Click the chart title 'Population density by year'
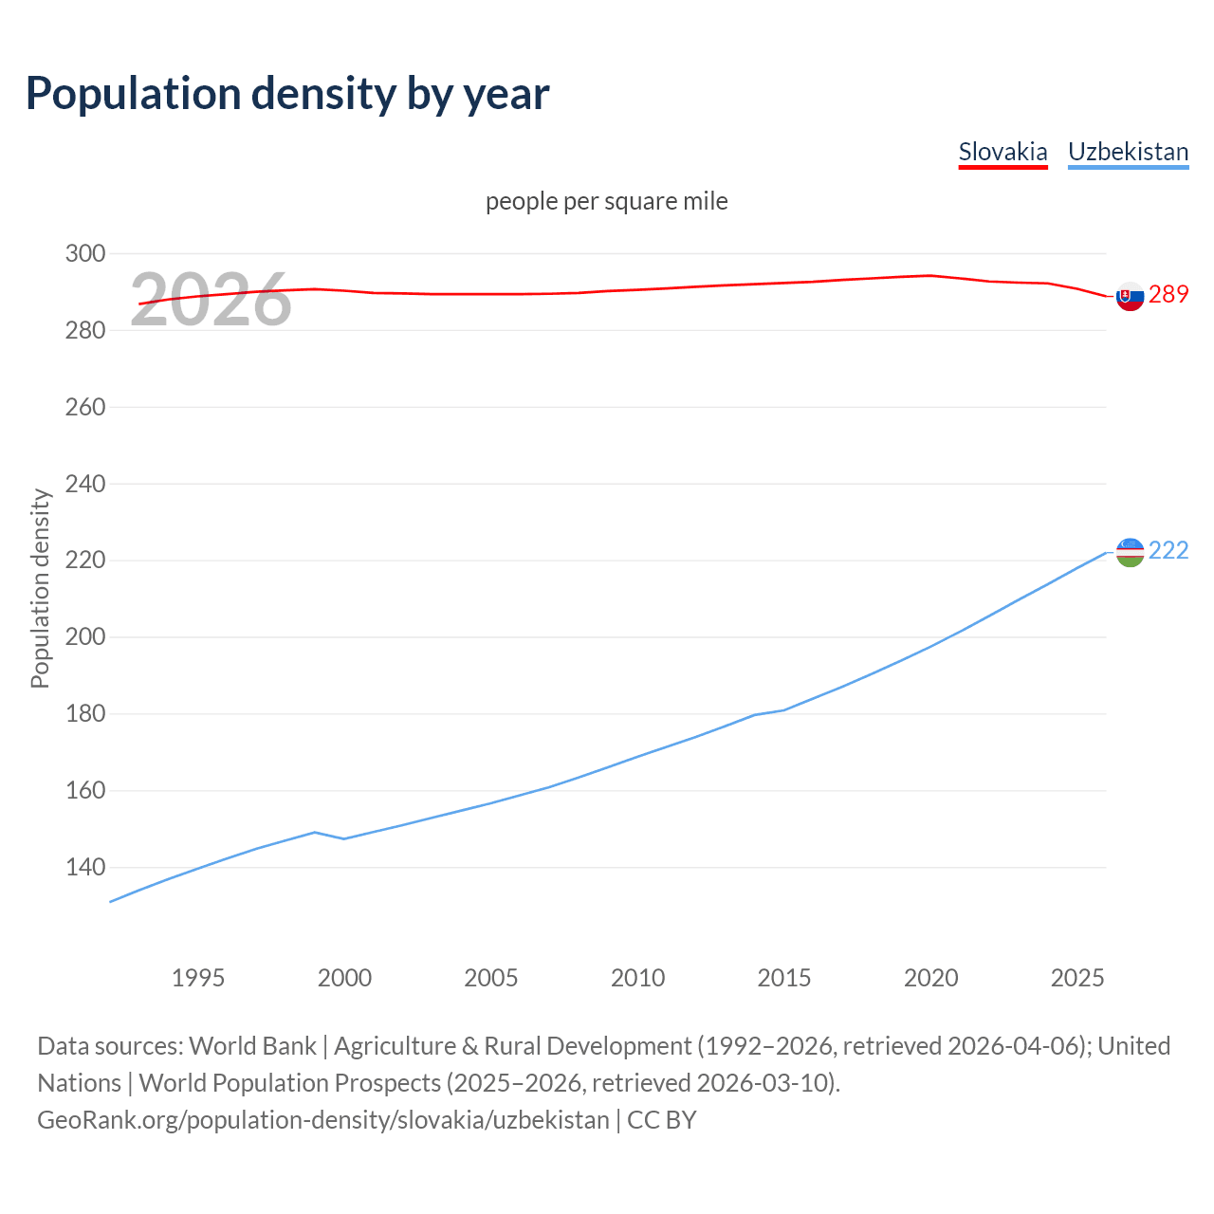point(287,93)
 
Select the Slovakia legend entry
point(1002,152)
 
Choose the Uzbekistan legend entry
point(1128,152)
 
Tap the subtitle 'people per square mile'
point(606,201)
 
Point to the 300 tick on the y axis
point(84,253)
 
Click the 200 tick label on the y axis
point(84,636)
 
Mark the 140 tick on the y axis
point(84,867)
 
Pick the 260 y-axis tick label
point(84,407)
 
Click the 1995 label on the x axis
point(198,978)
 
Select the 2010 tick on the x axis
point(637,978)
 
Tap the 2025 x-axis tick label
point(1077,978)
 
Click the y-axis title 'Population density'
point(40,588)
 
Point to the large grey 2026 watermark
point(211,300)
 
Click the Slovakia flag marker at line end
point(1130,296)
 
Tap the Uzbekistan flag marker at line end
point(1130,552)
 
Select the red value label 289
point(1168,295)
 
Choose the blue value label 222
point(1168,551)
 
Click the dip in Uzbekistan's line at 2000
point(344,838)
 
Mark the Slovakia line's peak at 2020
point(930,275)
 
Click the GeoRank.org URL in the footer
point(323,1120)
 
